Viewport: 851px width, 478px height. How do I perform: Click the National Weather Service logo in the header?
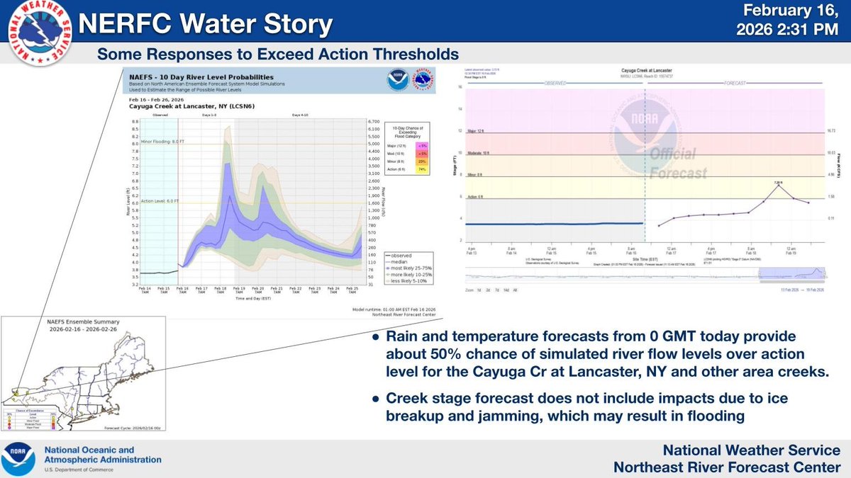32,34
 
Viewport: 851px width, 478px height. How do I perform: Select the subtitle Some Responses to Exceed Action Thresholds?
278,54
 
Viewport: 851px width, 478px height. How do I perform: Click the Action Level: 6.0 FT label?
162,200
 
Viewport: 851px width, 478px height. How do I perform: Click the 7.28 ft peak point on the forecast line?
779,186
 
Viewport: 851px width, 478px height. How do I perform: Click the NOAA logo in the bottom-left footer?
20,455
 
